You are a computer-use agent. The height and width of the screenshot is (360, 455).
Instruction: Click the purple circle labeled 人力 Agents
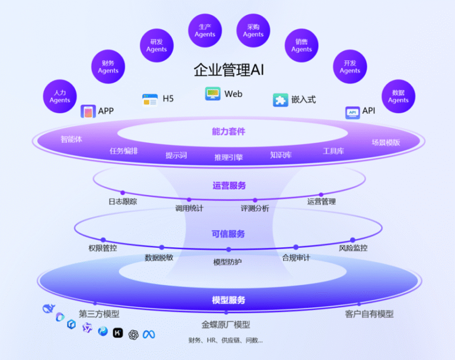point(60,97)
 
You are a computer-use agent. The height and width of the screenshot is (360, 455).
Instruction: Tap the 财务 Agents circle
point(108,66)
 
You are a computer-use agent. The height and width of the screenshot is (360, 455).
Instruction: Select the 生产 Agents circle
point(205,30)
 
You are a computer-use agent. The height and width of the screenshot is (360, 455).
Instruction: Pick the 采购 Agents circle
point(253,30)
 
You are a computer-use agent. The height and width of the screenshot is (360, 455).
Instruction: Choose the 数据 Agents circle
point(398,97)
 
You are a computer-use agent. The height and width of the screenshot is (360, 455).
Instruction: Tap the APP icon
point(88,111)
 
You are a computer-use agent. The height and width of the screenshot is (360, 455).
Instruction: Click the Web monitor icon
point(213,94)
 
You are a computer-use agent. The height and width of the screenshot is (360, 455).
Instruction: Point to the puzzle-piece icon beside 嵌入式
point(280,100)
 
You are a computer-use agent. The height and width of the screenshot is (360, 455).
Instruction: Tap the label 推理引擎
point(229,157)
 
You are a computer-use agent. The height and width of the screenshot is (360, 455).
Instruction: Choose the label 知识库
point(281,155)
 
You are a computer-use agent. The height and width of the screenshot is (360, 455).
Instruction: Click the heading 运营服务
point(229,186)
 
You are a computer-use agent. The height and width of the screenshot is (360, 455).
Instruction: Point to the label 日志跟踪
point(123,202)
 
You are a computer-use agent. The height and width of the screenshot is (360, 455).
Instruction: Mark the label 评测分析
point(255,208)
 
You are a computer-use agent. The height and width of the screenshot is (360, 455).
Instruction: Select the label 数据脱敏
point(159,257)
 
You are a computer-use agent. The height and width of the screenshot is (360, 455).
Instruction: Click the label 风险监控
point(353,248)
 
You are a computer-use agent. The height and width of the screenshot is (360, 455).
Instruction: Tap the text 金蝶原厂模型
point(226,324)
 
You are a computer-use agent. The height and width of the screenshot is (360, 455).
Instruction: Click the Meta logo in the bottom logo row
point(148,334)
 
